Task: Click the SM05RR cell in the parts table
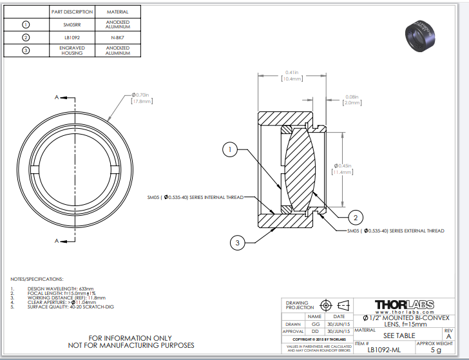(x=72, y=25)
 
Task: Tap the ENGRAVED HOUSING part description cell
(x=72, y=50)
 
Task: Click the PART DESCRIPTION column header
(x=72, y=12)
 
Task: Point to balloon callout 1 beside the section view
(x=229, y=150)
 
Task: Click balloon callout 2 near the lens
(x=354, y=216)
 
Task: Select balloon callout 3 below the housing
(x=238, y=242)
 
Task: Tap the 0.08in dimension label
(x=352, y=100)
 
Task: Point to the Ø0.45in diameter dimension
(x=341, y=169)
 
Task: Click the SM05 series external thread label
(x=396, y=231)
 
